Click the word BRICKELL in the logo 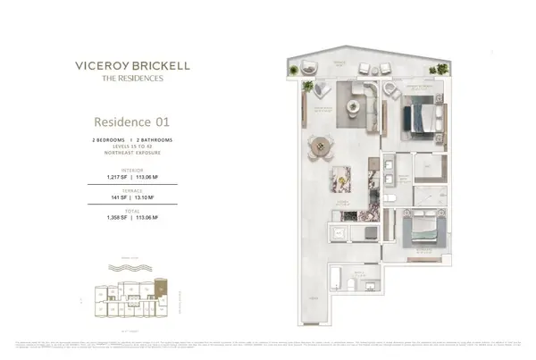(x=163, y=64)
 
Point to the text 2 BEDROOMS (x=111, y=141)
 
